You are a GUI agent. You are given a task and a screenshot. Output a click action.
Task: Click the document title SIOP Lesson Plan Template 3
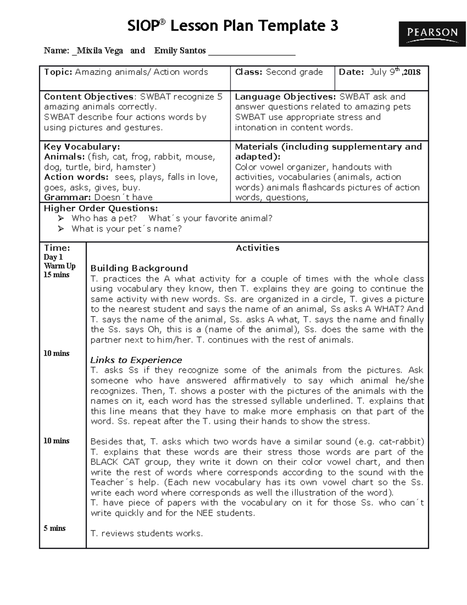[233, 26]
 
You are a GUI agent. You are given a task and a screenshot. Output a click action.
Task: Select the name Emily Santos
[180, 51]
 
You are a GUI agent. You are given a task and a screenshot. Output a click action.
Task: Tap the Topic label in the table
[58, 72]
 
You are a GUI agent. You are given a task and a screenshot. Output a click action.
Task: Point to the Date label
[351, 72]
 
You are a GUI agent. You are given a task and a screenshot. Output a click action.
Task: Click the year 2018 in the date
[413, 72]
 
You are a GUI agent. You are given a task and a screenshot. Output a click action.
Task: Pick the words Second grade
[294, 72]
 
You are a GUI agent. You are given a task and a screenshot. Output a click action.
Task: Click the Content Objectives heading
[89, 97]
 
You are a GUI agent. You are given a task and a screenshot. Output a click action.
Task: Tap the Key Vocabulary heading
[82, 147]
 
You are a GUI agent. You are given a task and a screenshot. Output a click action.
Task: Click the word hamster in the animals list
[134, 167]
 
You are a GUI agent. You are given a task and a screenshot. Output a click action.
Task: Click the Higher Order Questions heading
[101, 208]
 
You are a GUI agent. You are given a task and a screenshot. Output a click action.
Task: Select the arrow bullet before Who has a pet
[61, 219]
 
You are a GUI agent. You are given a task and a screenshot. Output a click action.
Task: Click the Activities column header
[258, 248]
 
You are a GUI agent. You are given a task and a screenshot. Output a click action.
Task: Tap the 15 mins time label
[56, 275]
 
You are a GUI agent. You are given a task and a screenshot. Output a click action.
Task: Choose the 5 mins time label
[54, 528]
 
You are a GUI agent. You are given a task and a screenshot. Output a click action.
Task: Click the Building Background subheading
[139, 268]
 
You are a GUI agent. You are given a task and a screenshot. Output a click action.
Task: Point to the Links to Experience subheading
[136, 360]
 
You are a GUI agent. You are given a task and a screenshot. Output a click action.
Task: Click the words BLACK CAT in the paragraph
[115, 462]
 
